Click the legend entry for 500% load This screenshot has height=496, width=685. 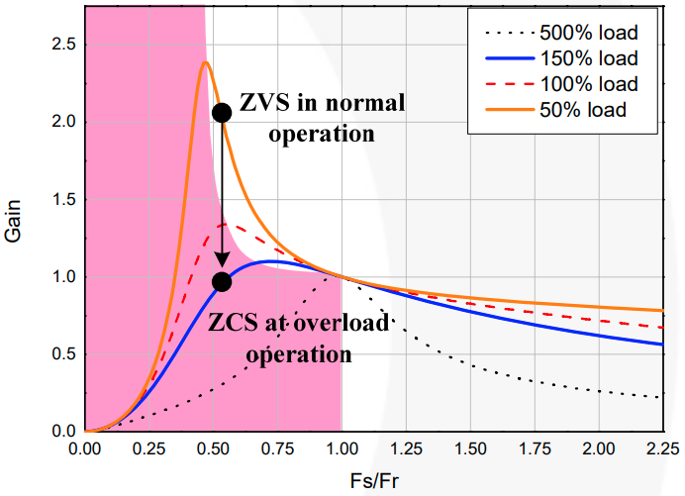point(584,31)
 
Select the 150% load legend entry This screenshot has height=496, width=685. point(584,57)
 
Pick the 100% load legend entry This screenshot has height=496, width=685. point(584,83)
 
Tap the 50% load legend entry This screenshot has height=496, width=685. point(584,109)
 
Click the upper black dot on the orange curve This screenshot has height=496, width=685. point(222,112)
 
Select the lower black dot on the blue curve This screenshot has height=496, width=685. point(222,282)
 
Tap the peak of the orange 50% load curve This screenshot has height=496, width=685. point(204,63)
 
